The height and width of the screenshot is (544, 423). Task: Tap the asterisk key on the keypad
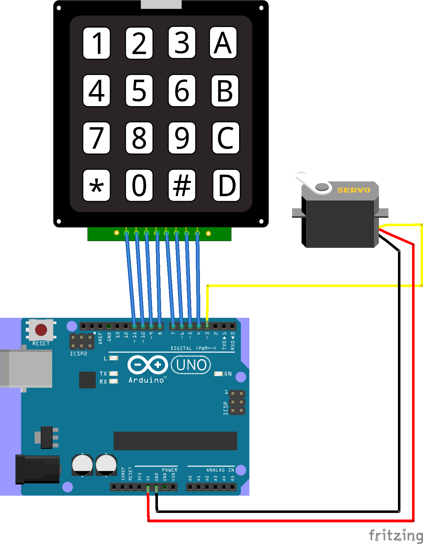coord(97,185)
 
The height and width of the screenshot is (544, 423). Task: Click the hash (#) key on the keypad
coord(182,185)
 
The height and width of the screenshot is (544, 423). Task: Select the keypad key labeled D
coord(226,185)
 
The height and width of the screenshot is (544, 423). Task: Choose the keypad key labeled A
coord(223,43)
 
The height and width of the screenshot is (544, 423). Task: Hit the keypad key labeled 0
coord(139,185)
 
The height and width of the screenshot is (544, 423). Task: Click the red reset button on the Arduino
coord(41,330)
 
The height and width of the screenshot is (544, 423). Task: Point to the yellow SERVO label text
coord(353,190)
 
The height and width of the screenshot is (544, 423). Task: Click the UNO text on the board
coord(191,365)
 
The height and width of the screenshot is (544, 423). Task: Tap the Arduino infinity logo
coord(148,365)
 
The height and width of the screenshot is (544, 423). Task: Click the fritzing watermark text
coord(396,535)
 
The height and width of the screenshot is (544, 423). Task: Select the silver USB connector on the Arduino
coord(26,369)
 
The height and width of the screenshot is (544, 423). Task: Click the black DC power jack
coord(38,469)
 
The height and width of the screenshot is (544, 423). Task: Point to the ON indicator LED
coord(218,374)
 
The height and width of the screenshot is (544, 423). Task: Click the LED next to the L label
coord(114,358)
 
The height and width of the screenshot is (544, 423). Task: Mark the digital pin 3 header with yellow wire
coord(207,326)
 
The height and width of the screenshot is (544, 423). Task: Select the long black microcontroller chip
coord(175,441)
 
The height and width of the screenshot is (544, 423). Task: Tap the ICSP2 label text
coord(78,354)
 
